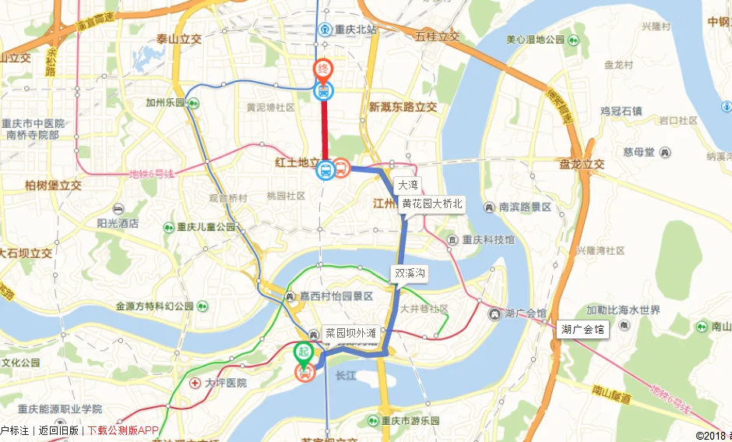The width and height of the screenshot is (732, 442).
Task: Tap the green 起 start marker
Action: (x=303, y=352)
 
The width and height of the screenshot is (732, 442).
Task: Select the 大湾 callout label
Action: (x=408, y=186)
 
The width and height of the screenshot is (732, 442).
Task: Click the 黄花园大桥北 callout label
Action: (x=432, y=204)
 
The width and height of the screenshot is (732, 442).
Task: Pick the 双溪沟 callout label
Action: (x=410, y=274)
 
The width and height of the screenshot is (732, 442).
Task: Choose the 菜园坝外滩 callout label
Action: (x=350, y=333)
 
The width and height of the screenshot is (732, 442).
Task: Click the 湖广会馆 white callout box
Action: (x=582, y=330)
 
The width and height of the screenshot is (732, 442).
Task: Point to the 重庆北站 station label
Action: (x=355, y=30)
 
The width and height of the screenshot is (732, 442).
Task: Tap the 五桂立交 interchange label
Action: (x=437, y=37)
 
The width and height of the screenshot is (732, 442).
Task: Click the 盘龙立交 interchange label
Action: (x=581, y=164)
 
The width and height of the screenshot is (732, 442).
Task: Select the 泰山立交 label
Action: (x=178, y=38)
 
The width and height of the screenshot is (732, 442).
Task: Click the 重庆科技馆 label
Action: (x=487, y=239)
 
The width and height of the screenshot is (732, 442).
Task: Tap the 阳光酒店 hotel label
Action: (x=118, y=222)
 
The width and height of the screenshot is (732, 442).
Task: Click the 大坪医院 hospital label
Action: (x=225, y=383)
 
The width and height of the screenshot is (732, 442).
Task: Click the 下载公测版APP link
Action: (x=123, y=430)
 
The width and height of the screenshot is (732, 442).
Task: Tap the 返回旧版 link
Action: (x=58, y=430)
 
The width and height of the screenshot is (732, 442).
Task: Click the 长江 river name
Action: (x=343, y=376)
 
